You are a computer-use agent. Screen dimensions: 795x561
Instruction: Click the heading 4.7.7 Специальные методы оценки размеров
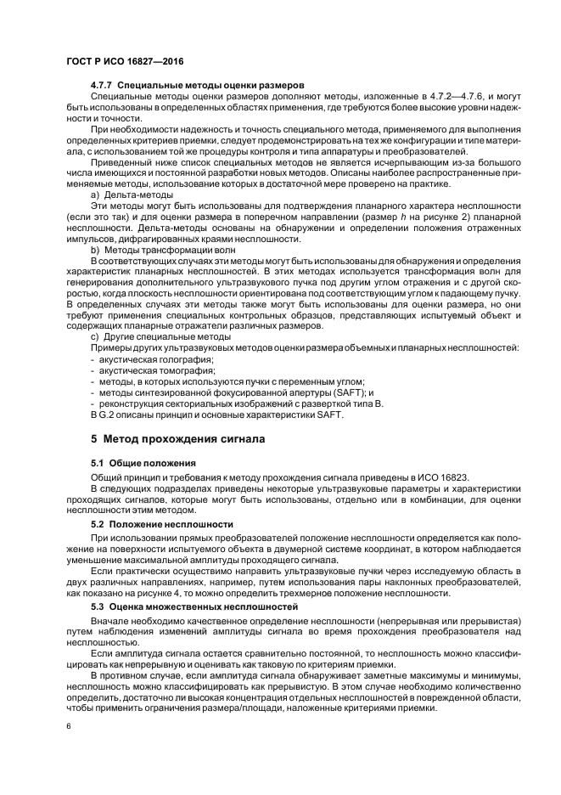tap(197, 86)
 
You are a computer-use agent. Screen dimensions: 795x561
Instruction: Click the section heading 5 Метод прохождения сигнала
tap(178, 439)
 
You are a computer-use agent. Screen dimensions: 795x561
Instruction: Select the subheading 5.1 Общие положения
tap(143, 464)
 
